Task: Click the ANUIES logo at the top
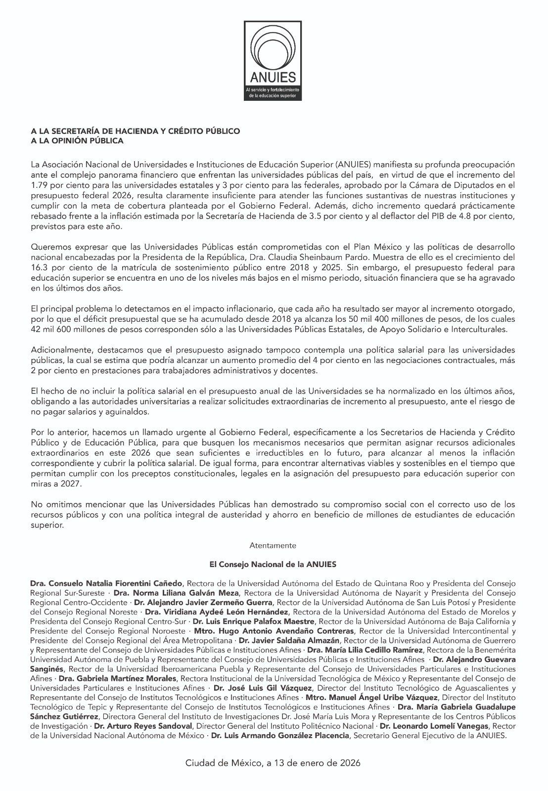click(x=273, y=61)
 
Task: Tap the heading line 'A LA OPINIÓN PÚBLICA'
click(x=77, y=141)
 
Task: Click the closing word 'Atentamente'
click(x=273, y=546)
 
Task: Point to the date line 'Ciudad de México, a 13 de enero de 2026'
click(x=273, y=763)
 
